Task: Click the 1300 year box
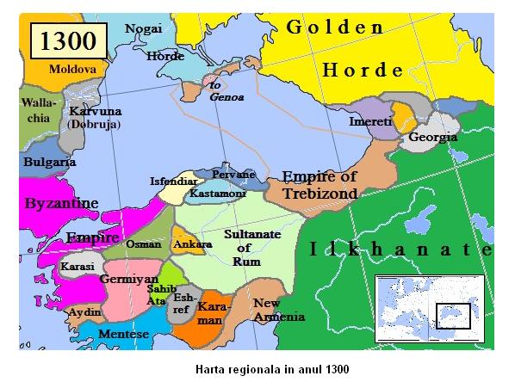click(68, 40)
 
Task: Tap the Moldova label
click(72, 68)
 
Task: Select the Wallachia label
click(39, 110)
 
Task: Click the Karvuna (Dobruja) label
click(95, 118)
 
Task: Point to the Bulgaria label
click(48, 162)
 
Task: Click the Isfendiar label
click(171, 182)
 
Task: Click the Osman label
click(143, 243)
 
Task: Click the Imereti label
click(371, 123)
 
